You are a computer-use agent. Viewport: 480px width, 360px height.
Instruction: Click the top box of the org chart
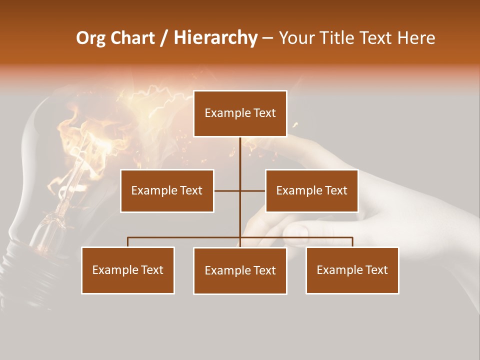click(240, 113)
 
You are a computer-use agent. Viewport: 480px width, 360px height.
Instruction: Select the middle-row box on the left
click(166, 190)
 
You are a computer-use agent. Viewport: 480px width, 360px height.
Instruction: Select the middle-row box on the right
click(311, 190)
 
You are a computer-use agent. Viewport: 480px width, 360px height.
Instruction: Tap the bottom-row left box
click(127, 270)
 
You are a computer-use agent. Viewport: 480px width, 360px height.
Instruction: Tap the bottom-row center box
click(240, 270)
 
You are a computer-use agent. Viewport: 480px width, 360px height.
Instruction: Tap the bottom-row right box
click(352, 270)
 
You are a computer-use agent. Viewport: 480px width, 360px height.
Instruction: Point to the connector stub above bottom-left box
click(127, 242)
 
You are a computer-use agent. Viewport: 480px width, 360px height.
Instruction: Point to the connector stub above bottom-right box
click(352, 242)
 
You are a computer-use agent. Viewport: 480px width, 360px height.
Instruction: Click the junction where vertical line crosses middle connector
click(240, 190)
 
